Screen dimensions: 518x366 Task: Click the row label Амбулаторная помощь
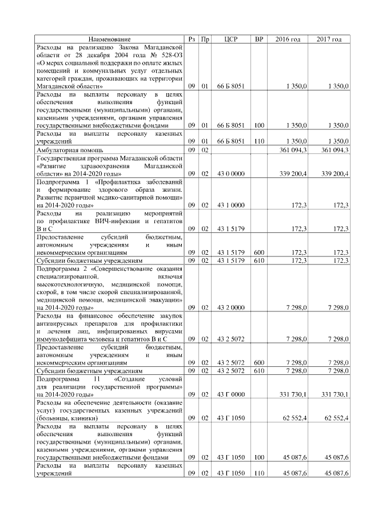click(x=65, y=149)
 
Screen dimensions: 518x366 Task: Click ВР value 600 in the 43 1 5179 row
click(x=259, y=252)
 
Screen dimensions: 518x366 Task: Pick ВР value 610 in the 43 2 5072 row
click(x=259, y=371)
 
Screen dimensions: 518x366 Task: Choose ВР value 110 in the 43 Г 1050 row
click(x=259, y=473)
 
